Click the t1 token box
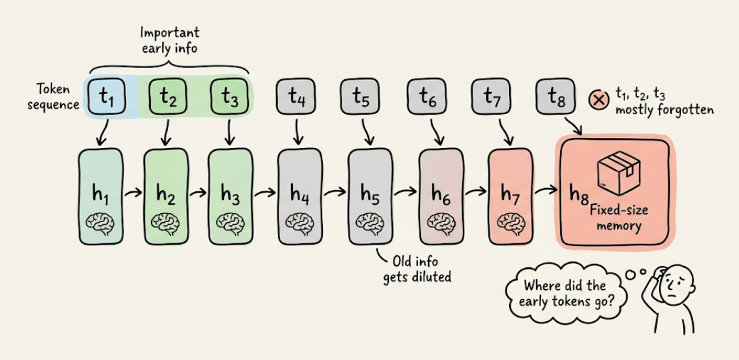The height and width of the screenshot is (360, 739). coord(106,99)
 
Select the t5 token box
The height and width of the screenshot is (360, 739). coord(361,99)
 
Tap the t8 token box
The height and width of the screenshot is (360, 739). coord(556,99)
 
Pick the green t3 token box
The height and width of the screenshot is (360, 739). coord(230,99)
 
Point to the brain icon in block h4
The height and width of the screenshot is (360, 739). coord(295,222)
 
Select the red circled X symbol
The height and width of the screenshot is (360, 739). coord(598,100)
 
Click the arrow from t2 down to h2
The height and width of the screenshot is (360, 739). coord(167,133)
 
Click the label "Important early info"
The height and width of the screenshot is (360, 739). coord(169,39)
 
